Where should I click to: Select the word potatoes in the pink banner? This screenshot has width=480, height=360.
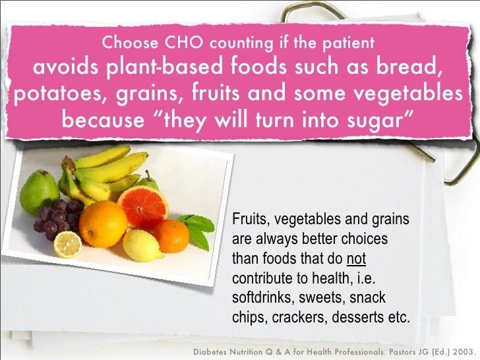click(x=55, y=94)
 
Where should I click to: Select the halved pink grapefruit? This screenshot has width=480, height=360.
click(x=144, y=205)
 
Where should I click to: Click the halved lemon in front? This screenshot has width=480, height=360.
click(x=67, y=245)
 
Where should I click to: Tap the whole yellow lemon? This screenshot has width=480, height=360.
click(x=142, y=245)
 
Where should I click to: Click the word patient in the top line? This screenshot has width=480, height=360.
click(x=347, y=44)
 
